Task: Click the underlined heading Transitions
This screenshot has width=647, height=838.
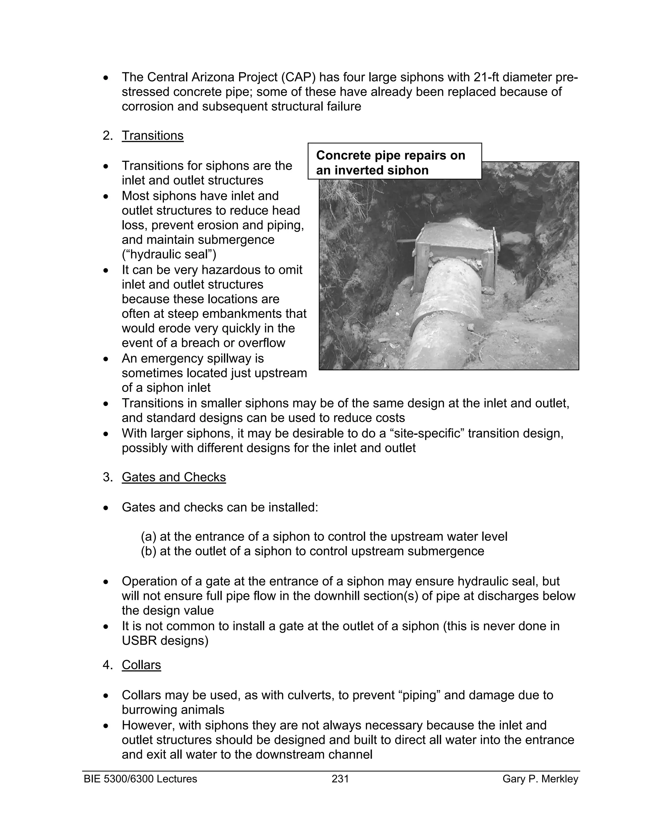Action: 153,136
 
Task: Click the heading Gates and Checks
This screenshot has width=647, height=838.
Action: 174,477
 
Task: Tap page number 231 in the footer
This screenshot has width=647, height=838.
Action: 340,779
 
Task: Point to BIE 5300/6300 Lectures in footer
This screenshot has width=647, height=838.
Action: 140,779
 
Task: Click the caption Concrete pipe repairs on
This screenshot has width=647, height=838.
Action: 390,155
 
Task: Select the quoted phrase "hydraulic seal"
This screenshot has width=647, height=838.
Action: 169,254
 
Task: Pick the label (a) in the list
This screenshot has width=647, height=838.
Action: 148,536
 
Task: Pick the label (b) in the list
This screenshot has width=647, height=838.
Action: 148,551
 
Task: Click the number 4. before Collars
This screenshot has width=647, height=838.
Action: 107,665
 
